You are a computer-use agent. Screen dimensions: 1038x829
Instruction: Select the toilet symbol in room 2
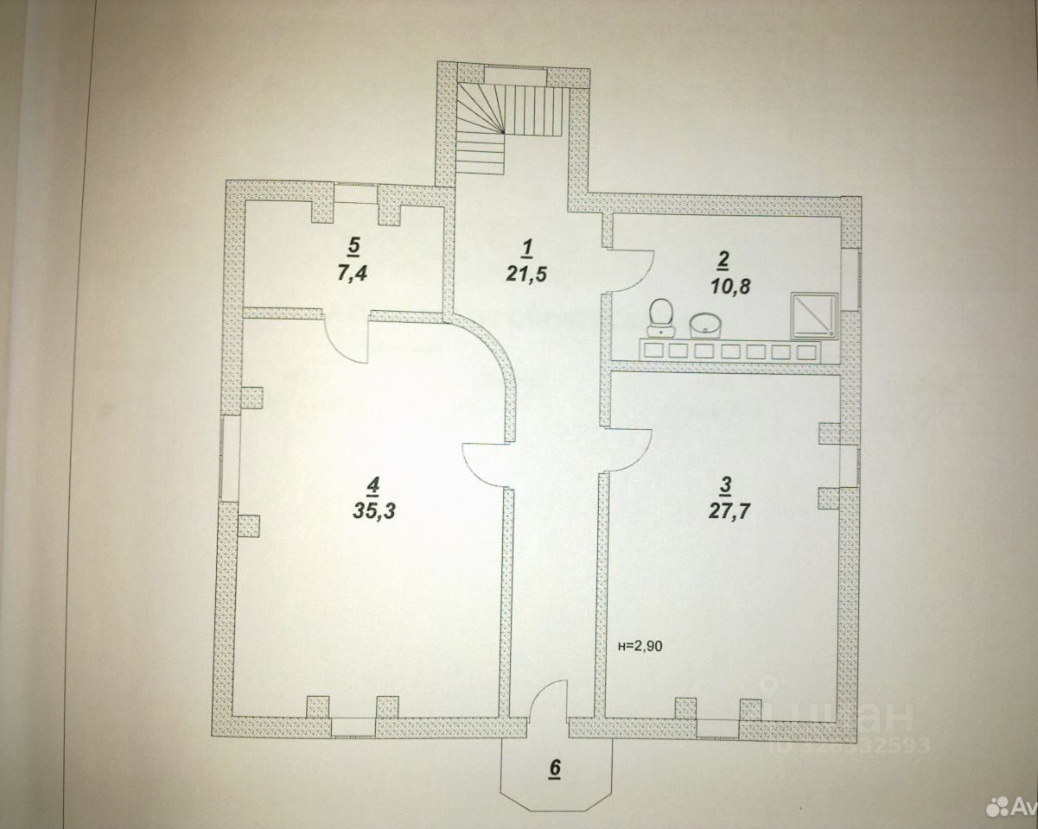coord(661,315)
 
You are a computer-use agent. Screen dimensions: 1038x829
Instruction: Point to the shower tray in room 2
coord(814,314)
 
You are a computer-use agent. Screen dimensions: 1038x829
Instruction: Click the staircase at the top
coord(510,123)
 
